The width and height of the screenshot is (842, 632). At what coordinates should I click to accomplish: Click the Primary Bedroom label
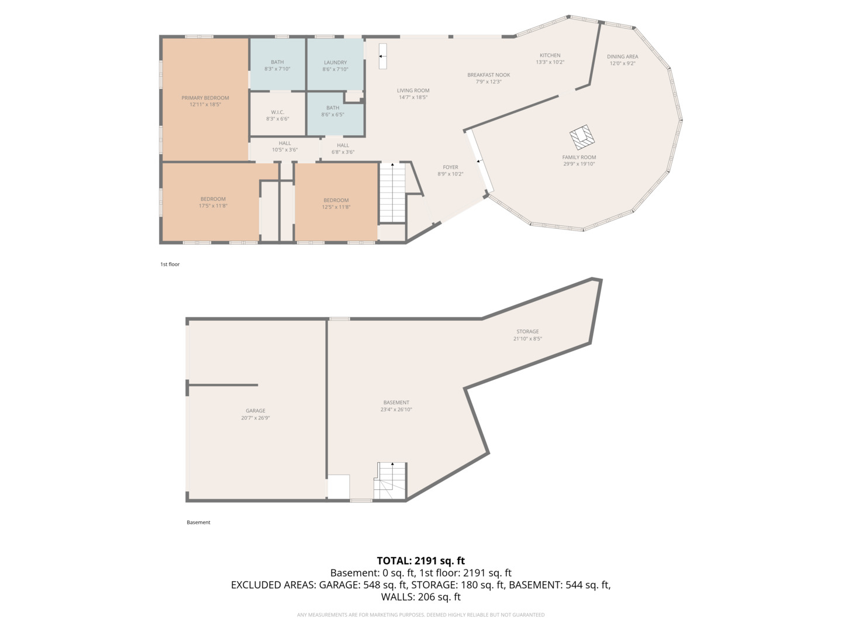(205, 98)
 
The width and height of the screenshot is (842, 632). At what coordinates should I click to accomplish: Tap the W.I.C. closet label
(277, 112)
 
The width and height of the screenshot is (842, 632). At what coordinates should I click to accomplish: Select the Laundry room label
(335, 63)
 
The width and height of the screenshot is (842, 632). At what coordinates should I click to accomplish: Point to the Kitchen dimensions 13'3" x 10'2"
(550, 62)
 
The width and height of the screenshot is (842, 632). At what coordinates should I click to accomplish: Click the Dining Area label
(623, 56)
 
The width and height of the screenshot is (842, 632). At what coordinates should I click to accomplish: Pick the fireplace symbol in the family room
(582, 137)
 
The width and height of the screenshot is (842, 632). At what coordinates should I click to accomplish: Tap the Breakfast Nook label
(489, 75)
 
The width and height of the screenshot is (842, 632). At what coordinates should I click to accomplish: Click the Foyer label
(450, 167)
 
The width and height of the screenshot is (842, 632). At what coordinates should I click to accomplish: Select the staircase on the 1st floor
(392, 193)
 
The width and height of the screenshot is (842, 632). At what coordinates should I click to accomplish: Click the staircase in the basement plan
(390, 480)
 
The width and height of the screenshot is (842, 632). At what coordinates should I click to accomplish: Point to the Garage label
(256, 411)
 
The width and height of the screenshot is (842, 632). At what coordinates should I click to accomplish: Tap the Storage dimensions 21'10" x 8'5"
(527, 338)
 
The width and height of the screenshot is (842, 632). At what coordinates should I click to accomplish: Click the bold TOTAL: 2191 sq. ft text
(421, 561)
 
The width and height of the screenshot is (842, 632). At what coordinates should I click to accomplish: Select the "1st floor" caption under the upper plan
(170, 264)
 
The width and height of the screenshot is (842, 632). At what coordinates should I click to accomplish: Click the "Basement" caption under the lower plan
(198, 522)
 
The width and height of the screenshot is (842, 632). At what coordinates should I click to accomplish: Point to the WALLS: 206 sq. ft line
(421, 597)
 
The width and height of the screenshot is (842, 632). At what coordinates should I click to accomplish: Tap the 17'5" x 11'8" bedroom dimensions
(213, 205)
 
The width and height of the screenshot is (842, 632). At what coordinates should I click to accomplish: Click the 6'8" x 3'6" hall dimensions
(343, 152)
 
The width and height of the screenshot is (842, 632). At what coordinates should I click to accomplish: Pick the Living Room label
(413, 91)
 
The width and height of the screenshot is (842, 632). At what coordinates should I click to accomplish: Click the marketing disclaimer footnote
(421, 614)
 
